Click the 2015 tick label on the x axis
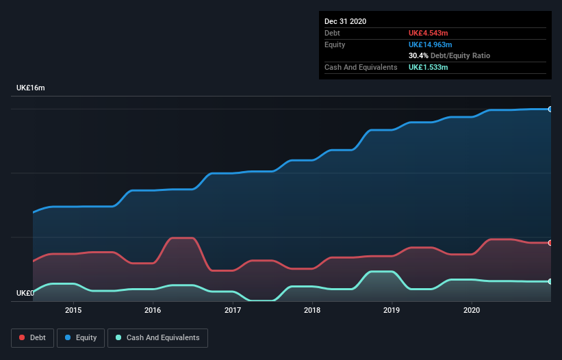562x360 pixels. pos(73,310)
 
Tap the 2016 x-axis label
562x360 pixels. pos(153,310)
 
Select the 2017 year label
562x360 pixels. pos(233,310)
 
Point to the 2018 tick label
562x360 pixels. pos(312,310)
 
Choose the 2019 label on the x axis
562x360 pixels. pos(392,310)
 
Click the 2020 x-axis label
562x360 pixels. pos(472,310)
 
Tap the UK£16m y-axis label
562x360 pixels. pos(31,88)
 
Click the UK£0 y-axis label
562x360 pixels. pos(25,293)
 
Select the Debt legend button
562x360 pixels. pos(31,337)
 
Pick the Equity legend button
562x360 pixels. pos(81,337)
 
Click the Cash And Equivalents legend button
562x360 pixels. pos(157,337)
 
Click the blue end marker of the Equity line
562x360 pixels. pos(550,109)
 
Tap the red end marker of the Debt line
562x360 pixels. pos(550,243)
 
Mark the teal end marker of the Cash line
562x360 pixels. pos(550,281)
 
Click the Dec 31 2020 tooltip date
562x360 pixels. pos(345,21)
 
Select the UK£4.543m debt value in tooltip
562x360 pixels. pos(428,33)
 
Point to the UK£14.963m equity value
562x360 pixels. pos(430,44)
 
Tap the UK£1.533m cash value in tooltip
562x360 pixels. pos(428,67)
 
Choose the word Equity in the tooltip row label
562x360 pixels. pos(335,44)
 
